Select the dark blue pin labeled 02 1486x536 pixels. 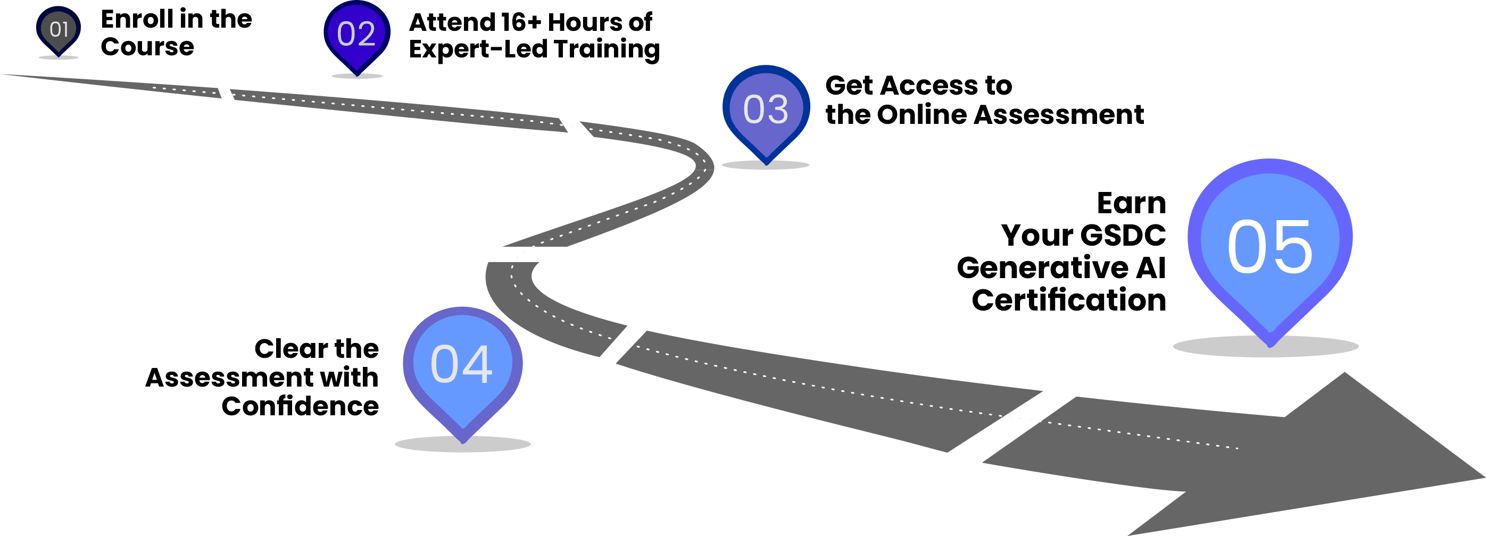point(356,35)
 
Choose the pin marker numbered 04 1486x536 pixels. point(463,364)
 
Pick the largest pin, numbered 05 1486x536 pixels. point(1269,242)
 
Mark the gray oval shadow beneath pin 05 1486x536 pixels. point(1266,347)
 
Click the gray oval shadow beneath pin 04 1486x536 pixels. point(463,445)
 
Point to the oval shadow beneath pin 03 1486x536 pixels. point(766,165)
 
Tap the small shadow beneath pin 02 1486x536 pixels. point(356,76)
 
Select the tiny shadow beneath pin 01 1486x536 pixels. point(59,57)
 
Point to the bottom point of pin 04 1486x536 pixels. point(463,441)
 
